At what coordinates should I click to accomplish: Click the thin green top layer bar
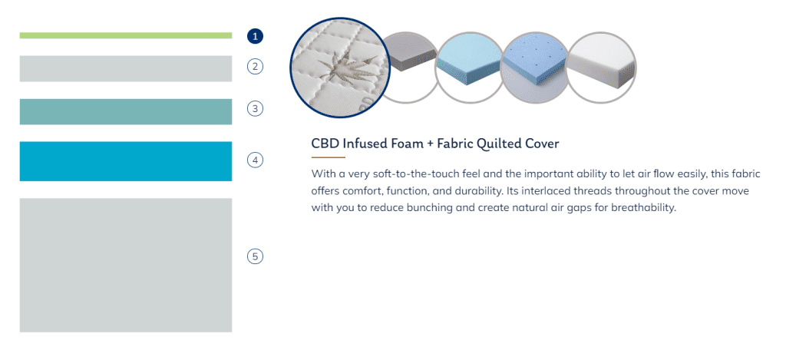[x=126, y=35]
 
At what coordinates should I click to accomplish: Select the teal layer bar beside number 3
[x=126, y=111]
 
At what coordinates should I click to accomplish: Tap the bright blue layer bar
[x=126, y=161]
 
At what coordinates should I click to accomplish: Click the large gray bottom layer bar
[x=126, y=265]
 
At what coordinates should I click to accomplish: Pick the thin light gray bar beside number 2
[x=126, y=68]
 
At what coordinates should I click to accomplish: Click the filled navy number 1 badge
[x=255, y=36]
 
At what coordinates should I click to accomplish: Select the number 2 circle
[x=255, y=66]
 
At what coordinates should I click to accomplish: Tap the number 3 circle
[x=255, y=108]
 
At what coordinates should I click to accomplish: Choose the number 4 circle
[x=255, y=160]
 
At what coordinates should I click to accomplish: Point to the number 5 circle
[x=255, y=256]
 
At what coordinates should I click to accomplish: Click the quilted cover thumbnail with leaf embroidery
[x=340, y=68]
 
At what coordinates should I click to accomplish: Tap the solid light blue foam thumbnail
[x=469, y=68]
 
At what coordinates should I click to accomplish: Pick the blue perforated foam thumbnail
[x=535, y=68]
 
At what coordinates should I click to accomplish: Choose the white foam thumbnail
[x=601, y=68]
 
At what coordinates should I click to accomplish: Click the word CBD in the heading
[x=325, y=144]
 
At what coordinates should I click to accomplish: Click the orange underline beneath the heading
[x=329, y=157]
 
